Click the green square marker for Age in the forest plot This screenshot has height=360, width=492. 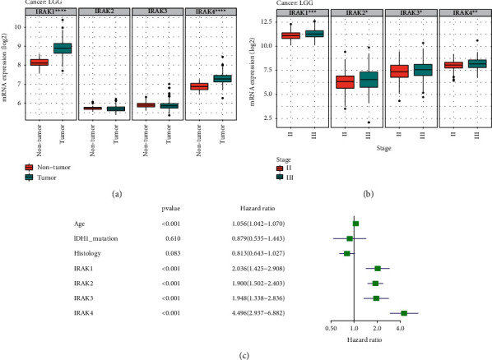point(355,224)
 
